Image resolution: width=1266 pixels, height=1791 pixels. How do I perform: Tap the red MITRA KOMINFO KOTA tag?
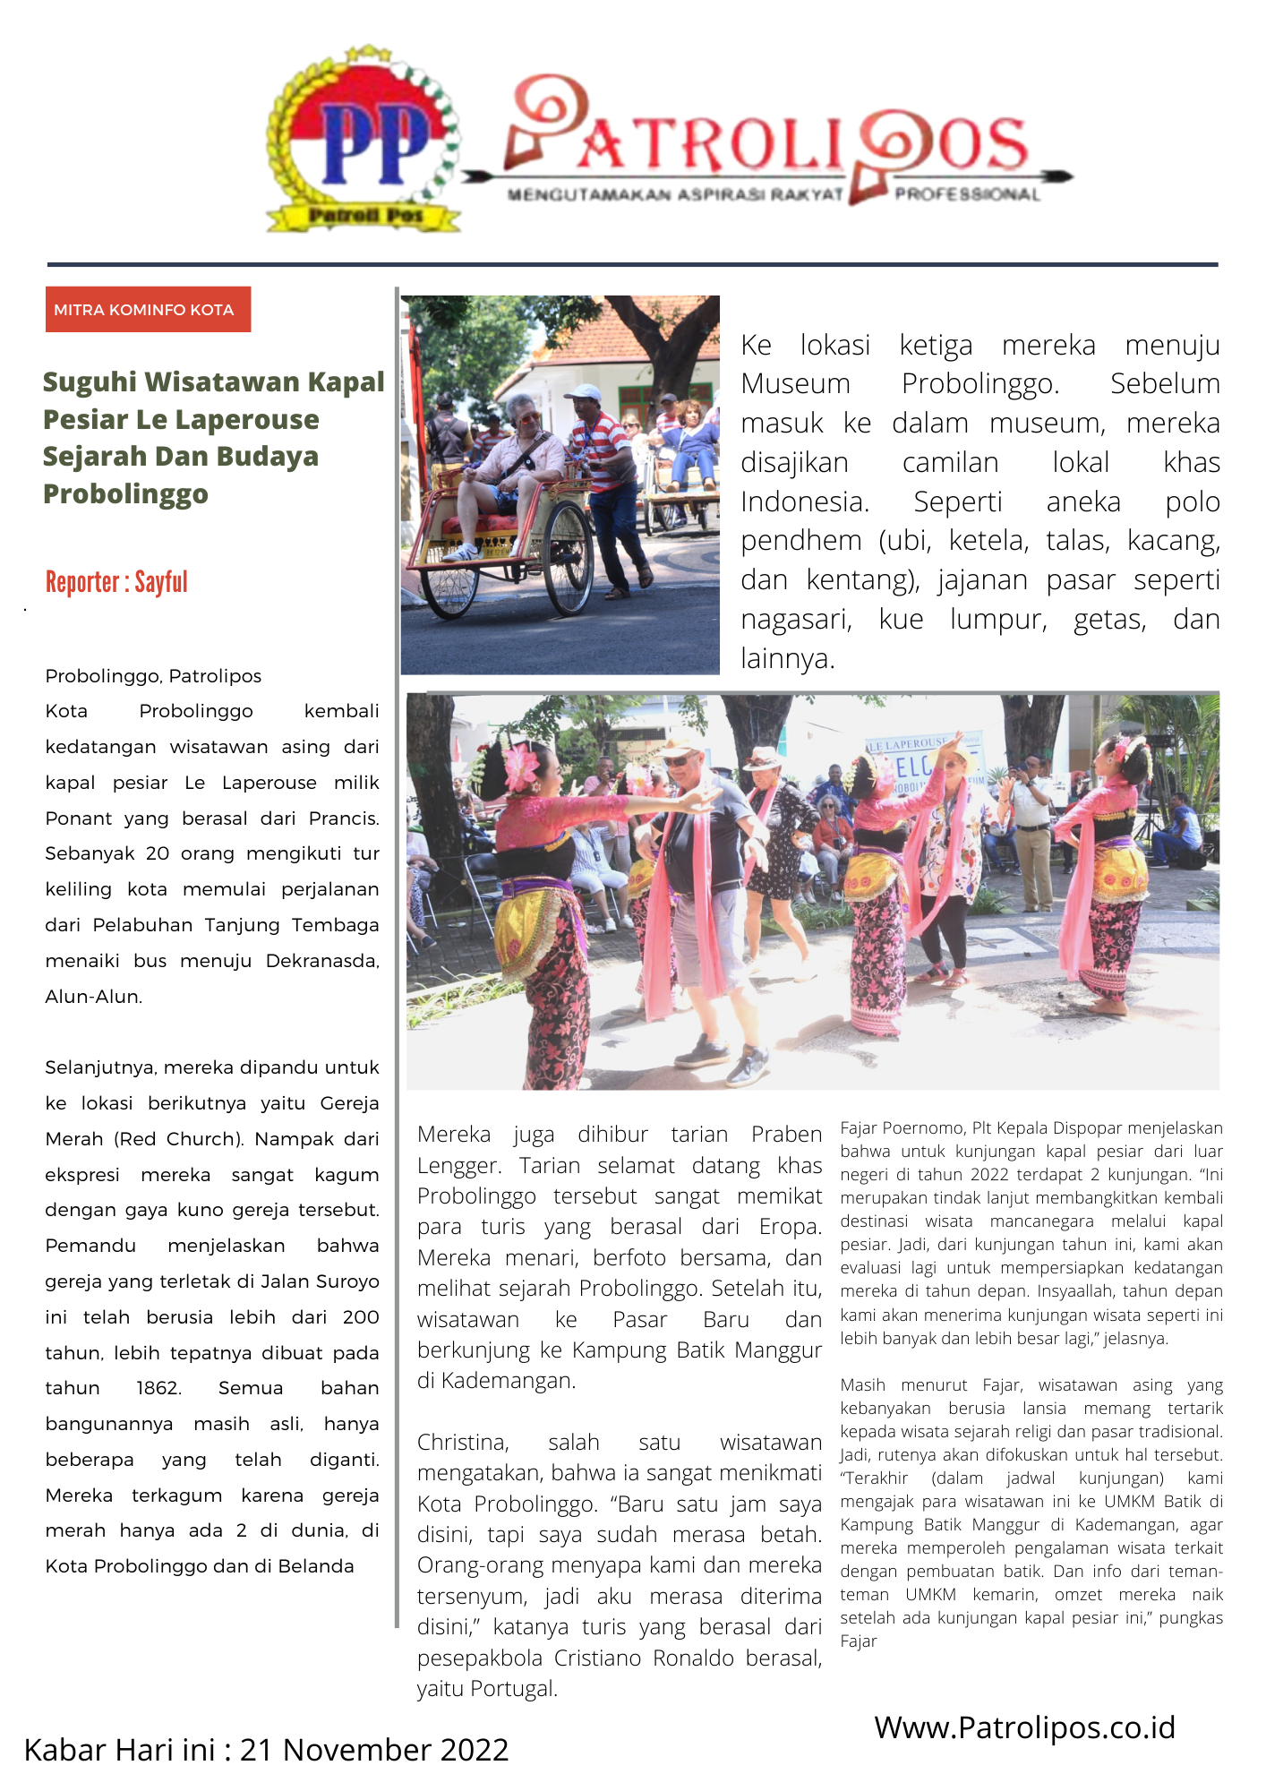[x=148, y=310]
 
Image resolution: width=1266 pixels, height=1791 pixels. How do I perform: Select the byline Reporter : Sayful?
[x=116, y=582]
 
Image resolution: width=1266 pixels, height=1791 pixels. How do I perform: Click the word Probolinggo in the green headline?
[x=125, y=493]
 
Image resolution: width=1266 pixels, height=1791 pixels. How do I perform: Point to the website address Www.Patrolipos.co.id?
[x=1024, y=1727]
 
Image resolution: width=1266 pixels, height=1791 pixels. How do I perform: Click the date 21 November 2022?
[x=373, y=1749]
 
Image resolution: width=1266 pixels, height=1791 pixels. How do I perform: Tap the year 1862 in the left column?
[x=158, y=1388]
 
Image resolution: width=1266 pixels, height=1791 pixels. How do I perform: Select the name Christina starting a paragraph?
[x=463, y=1442]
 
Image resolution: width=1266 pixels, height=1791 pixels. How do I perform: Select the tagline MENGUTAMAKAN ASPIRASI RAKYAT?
[x=675, y=195]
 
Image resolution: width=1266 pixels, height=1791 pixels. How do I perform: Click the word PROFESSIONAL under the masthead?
[x=967, y=195]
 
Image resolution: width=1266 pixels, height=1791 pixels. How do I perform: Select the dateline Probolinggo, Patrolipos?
[x=153, y=676]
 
